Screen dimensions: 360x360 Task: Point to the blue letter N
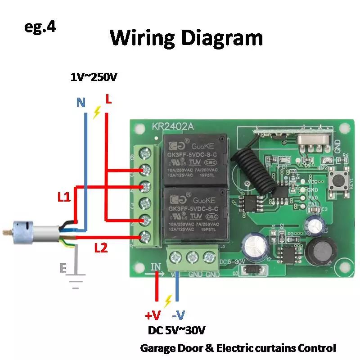click(x=81, y=103)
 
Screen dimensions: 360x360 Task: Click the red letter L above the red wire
click(x=108, y=99)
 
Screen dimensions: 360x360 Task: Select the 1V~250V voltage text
click(x=94, y=77)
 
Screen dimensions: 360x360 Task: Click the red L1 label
click(x=63, y=197)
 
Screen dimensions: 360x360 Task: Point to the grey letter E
click(x=63, y=269)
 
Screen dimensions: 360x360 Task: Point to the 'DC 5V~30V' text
click(x=177, y=331)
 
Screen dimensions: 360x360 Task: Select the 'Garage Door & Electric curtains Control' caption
click(x=238, y=348)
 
